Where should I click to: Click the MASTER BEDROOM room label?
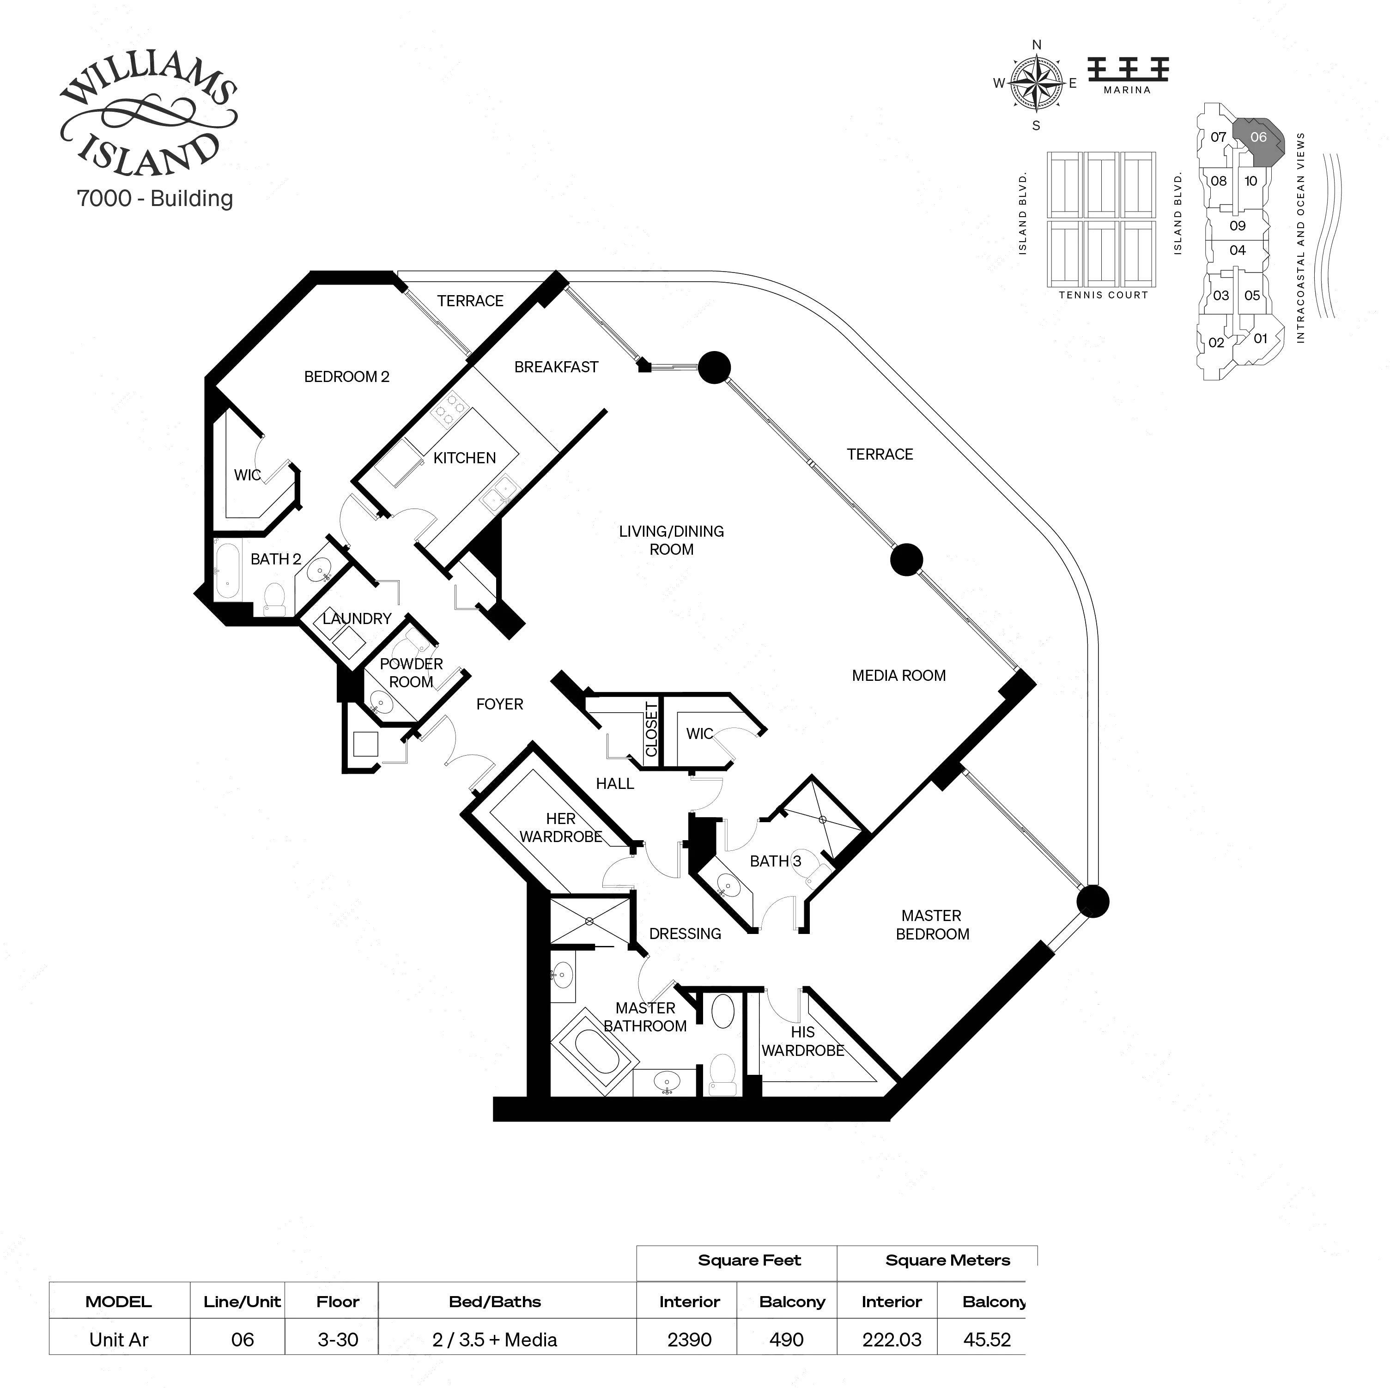(x=932, y=925)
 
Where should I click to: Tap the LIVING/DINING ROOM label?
(x=671, y=540)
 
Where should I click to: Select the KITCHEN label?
(x=464, y=458)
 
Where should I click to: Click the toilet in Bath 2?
(x=274, y=598)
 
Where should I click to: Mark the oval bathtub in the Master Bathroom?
(x=594, y=1052)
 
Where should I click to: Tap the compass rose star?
(x=1036, y=84)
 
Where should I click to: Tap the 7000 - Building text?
(x=155, y=199)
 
